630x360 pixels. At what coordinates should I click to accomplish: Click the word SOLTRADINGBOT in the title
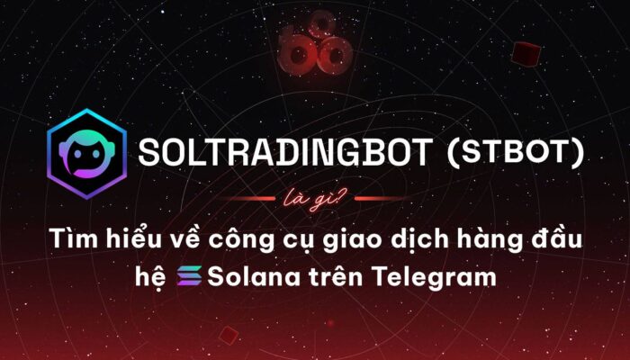tap(285, 153)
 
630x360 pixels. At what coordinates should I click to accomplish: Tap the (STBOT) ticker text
tap(516, 153)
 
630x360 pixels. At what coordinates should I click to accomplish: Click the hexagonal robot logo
tap(87, 154)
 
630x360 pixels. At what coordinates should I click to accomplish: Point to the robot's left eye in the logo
tap(77, 154)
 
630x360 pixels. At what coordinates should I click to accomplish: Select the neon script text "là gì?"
tap(315, 199)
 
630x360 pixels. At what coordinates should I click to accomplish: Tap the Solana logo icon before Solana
tap(190, 276)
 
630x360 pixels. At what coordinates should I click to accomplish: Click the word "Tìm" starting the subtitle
tap(74, 238)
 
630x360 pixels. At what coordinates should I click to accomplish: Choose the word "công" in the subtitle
tap(238, 240)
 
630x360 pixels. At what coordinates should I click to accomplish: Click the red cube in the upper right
tap(526, 54)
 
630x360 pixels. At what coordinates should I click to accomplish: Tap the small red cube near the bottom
tap(229, 335)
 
